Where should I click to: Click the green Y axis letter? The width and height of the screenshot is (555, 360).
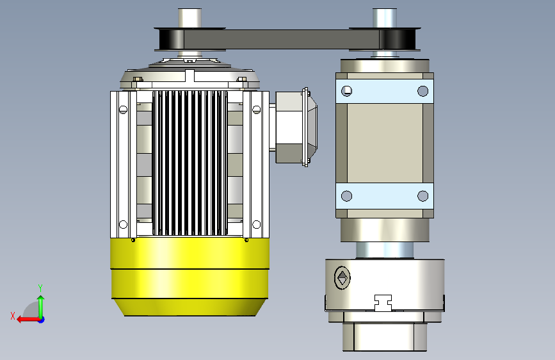pos(40,288)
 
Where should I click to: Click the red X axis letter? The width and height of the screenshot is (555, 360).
pos(13,316)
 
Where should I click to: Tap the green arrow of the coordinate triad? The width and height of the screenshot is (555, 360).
pos(41,307)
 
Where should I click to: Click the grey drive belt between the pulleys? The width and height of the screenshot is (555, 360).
pos(282,39)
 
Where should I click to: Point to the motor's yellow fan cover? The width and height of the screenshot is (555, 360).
pos(189,276)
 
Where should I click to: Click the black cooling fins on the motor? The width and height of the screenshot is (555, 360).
pos(189,163)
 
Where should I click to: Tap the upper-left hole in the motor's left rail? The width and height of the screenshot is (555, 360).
pos(123,110)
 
